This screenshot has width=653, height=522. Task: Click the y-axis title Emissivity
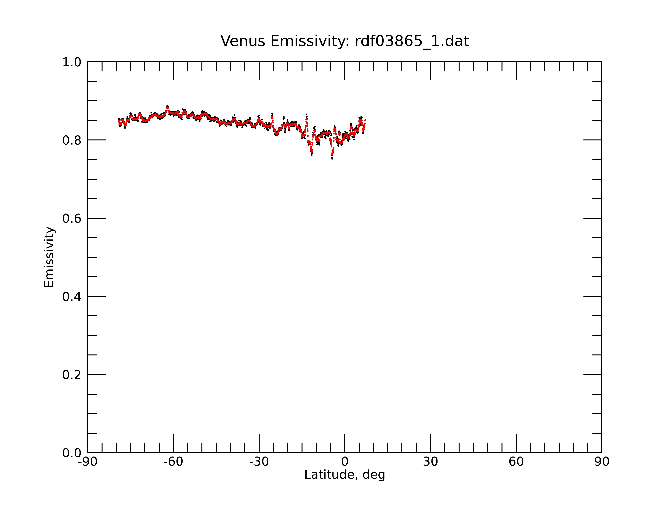pos(49,257)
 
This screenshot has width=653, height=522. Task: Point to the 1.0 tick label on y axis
pos(72,62)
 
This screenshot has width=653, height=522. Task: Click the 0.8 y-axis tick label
pos(72,140)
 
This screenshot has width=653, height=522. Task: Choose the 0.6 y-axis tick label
pos(72,218)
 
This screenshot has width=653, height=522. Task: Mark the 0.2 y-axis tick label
pos(72,375)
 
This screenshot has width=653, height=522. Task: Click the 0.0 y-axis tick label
pos(72,453)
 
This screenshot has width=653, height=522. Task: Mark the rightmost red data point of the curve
pos(365,120)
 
